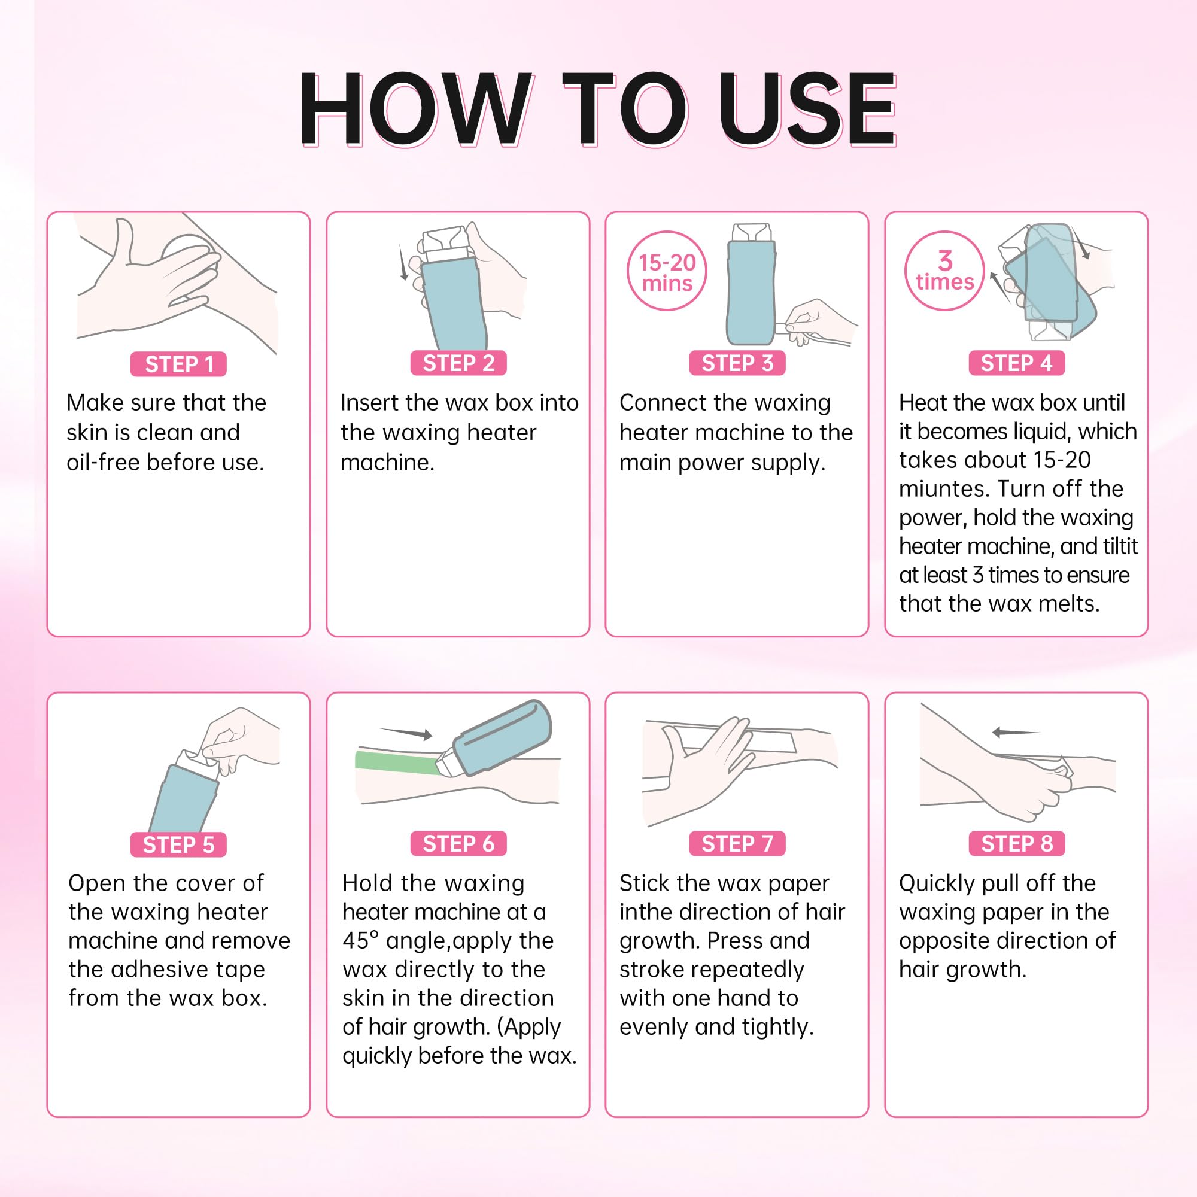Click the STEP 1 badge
coord(178,364)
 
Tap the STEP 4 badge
coord(1017,363)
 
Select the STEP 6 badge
coord(458,843)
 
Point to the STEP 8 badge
coord(1017,843)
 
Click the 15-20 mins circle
coord(667,271)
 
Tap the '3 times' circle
coord(944,271)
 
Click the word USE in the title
coord(807,109)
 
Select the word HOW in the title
coord(414,109)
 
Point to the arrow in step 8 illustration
coord(1017,733)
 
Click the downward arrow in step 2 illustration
coord(403,263)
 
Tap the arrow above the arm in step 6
coord(406,733)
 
